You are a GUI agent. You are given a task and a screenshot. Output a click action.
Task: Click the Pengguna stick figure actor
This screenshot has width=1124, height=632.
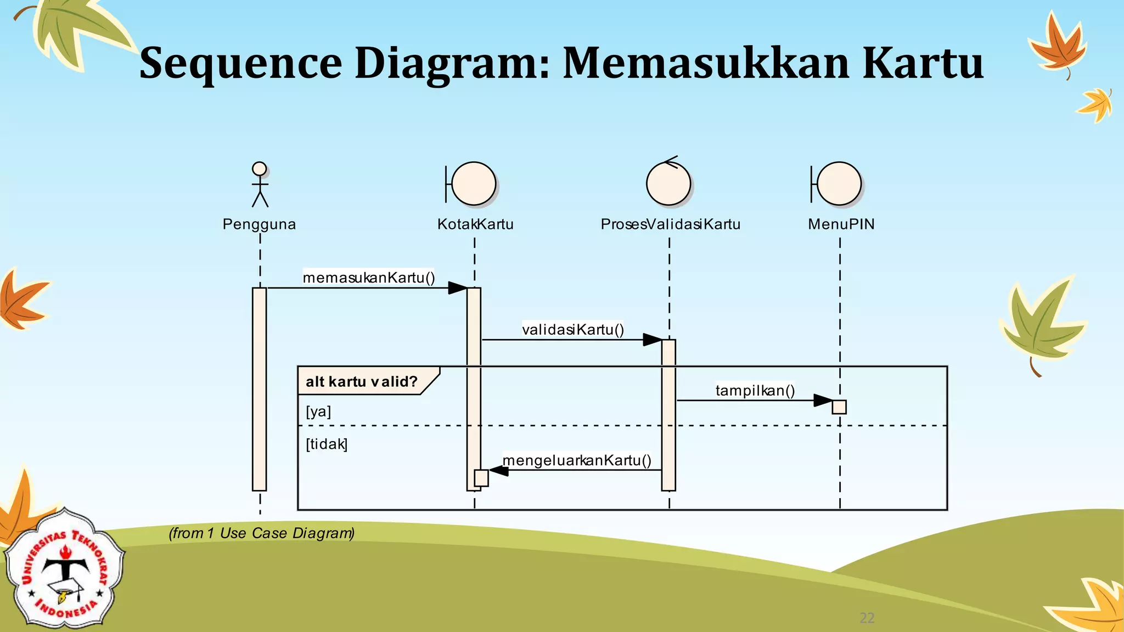coord(260,185)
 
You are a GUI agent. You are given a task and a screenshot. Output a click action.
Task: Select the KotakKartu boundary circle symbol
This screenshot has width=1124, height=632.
coord(475,184)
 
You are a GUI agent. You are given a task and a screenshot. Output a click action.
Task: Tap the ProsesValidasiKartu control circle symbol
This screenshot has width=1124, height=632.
coord(668,184)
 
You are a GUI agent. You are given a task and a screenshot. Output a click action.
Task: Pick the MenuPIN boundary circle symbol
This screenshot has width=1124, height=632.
coord(840,184)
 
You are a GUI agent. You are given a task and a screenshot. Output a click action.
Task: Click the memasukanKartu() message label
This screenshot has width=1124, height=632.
coord(369,278)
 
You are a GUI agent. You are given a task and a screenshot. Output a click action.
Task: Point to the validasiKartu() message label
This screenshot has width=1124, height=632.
coord(573,330)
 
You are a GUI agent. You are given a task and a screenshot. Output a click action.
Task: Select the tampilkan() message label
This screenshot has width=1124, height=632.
coord(755,391)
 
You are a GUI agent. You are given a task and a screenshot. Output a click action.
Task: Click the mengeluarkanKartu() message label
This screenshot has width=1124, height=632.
coord(577,460)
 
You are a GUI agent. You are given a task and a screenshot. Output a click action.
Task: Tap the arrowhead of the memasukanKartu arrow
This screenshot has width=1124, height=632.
coord(457,288)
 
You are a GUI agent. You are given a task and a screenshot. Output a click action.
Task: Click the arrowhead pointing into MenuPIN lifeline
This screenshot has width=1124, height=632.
coord(823,400)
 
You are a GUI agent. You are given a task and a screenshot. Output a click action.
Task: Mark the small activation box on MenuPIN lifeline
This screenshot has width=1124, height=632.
coord(839,407)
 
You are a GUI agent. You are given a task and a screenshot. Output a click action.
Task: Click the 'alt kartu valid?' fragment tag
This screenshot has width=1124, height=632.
coord(362,381)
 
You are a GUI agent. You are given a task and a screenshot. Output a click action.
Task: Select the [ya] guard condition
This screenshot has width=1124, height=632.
coord(318,411)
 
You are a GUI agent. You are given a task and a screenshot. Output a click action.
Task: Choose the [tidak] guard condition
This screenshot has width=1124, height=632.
coord(327,444)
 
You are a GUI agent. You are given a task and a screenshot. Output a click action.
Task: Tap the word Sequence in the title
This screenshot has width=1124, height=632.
coord(240,63)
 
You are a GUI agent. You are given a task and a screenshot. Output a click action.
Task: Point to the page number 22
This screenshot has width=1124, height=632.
coord(867,618)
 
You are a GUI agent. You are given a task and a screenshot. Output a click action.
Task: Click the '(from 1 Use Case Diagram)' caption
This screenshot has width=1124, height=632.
coord(262,533)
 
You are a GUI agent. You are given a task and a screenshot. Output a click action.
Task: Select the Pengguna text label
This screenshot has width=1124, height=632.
coord(259,224)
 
